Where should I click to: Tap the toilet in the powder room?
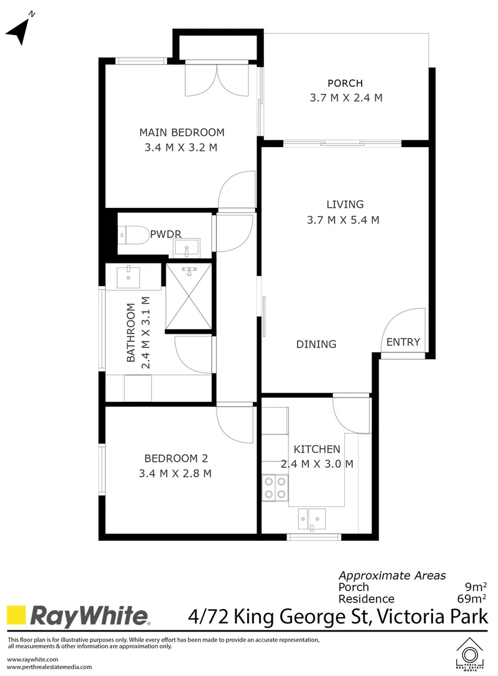[x=133, y=235]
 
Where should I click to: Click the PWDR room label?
[x=166, y=234]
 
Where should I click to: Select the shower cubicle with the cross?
[x=188, y=296]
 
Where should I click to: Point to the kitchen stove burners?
[x=275, y=488]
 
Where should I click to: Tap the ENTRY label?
[x=403, y=342]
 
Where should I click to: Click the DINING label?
[x=316, y=344]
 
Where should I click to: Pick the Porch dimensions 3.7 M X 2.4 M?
[x=345, y=98]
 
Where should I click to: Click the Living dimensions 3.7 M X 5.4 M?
[x=345, y=220]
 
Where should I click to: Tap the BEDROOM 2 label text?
[x=175, y=458]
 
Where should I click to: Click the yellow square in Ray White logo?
[x=16, y=616]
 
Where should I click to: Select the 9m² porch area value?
[x=475, y=587]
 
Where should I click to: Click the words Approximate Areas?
[x=392, y=575]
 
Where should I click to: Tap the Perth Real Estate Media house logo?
[x=470, y=654]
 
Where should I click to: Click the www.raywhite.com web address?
[x=33, y=659]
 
